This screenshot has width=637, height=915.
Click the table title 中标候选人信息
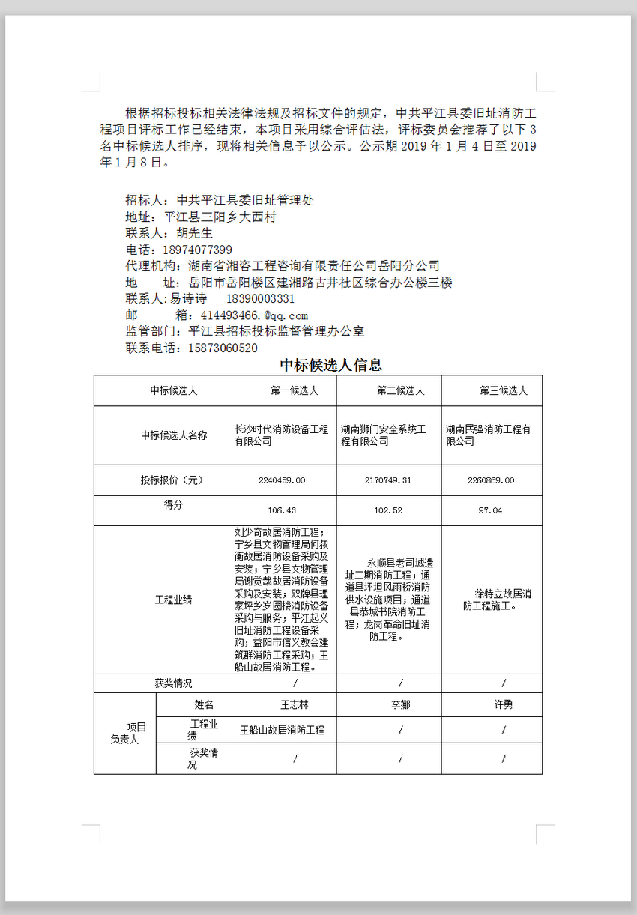click(331, 365)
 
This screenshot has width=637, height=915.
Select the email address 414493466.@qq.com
click(254, 315)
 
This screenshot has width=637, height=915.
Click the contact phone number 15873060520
click(223, 348)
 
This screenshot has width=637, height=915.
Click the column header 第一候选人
click(295, 390)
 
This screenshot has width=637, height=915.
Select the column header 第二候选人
click(401, 390)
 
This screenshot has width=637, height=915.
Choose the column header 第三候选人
click(504, 390)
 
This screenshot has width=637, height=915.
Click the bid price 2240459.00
click(282, 480)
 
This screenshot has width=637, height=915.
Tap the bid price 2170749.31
click(388, 480)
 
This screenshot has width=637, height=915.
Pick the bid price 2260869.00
click(491, 480)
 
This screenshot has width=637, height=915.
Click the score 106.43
click(282, 510)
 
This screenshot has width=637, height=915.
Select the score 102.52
click(388, 510)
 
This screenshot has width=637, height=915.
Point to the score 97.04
click(491, 510)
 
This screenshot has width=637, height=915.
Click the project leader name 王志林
click(295, 705)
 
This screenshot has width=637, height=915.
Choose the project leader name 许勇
click(504, 705)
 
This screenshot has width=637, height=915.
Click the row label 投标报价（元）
click(172, 480)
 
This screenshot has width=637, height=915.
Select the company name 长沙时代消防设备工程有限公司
click(282, 435)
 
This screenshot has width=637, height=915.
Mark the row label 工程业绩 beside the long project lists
click(173, 600)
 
